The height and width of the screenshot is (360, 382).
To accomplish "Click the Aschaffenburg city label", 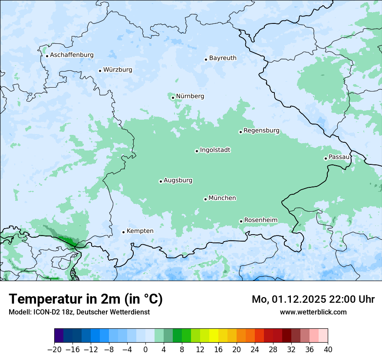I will click(72, 55).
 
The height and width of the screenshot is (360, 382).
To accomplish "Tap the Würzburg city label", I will click(118, 70).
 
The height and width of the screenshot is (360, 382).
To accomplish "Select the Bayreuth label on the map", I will click(223, 58).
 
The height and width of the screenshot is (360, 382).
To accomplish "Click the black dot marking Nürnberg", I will click(173, 98).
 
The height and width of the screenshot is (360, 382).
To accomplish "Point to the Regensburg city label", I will click(261, 131).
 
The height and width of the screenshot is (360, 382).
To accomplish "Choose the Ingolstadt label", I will click(215, 150).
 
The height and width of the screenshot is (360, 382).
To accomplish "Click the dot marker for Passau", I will click(326, 158).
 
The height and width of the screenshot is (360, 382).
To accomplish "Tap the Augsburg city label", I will click(178, 180).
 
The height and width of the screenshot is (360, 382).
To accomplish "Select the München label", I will click(222, 198).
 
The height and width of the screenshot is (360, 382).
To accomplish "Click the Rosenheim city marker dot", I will click(241, 221).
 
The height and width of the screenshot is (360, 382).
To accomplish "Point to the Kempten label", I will click(140, 231).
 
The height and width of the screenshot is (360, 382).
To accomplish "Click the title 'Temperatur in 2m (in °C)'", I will click(86, 299).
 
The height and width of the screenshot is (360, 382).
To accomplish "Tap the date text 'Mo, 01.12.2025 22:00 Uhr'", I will click(313, 299).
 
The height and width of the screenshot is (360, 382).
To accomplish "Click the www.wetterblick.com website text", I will click(313, 312).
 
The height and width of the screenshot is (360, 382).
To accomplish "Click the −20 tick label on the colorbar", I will click(54, 350).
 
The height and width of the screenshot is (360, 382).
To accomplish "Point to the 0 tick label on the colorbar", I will click(145, 350).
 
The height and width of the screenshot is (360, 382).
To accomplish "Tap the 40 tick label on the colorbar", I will click(328, 350).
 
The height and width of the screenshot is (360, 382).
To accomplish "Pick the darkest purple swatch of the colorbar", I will click(59, 336).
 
